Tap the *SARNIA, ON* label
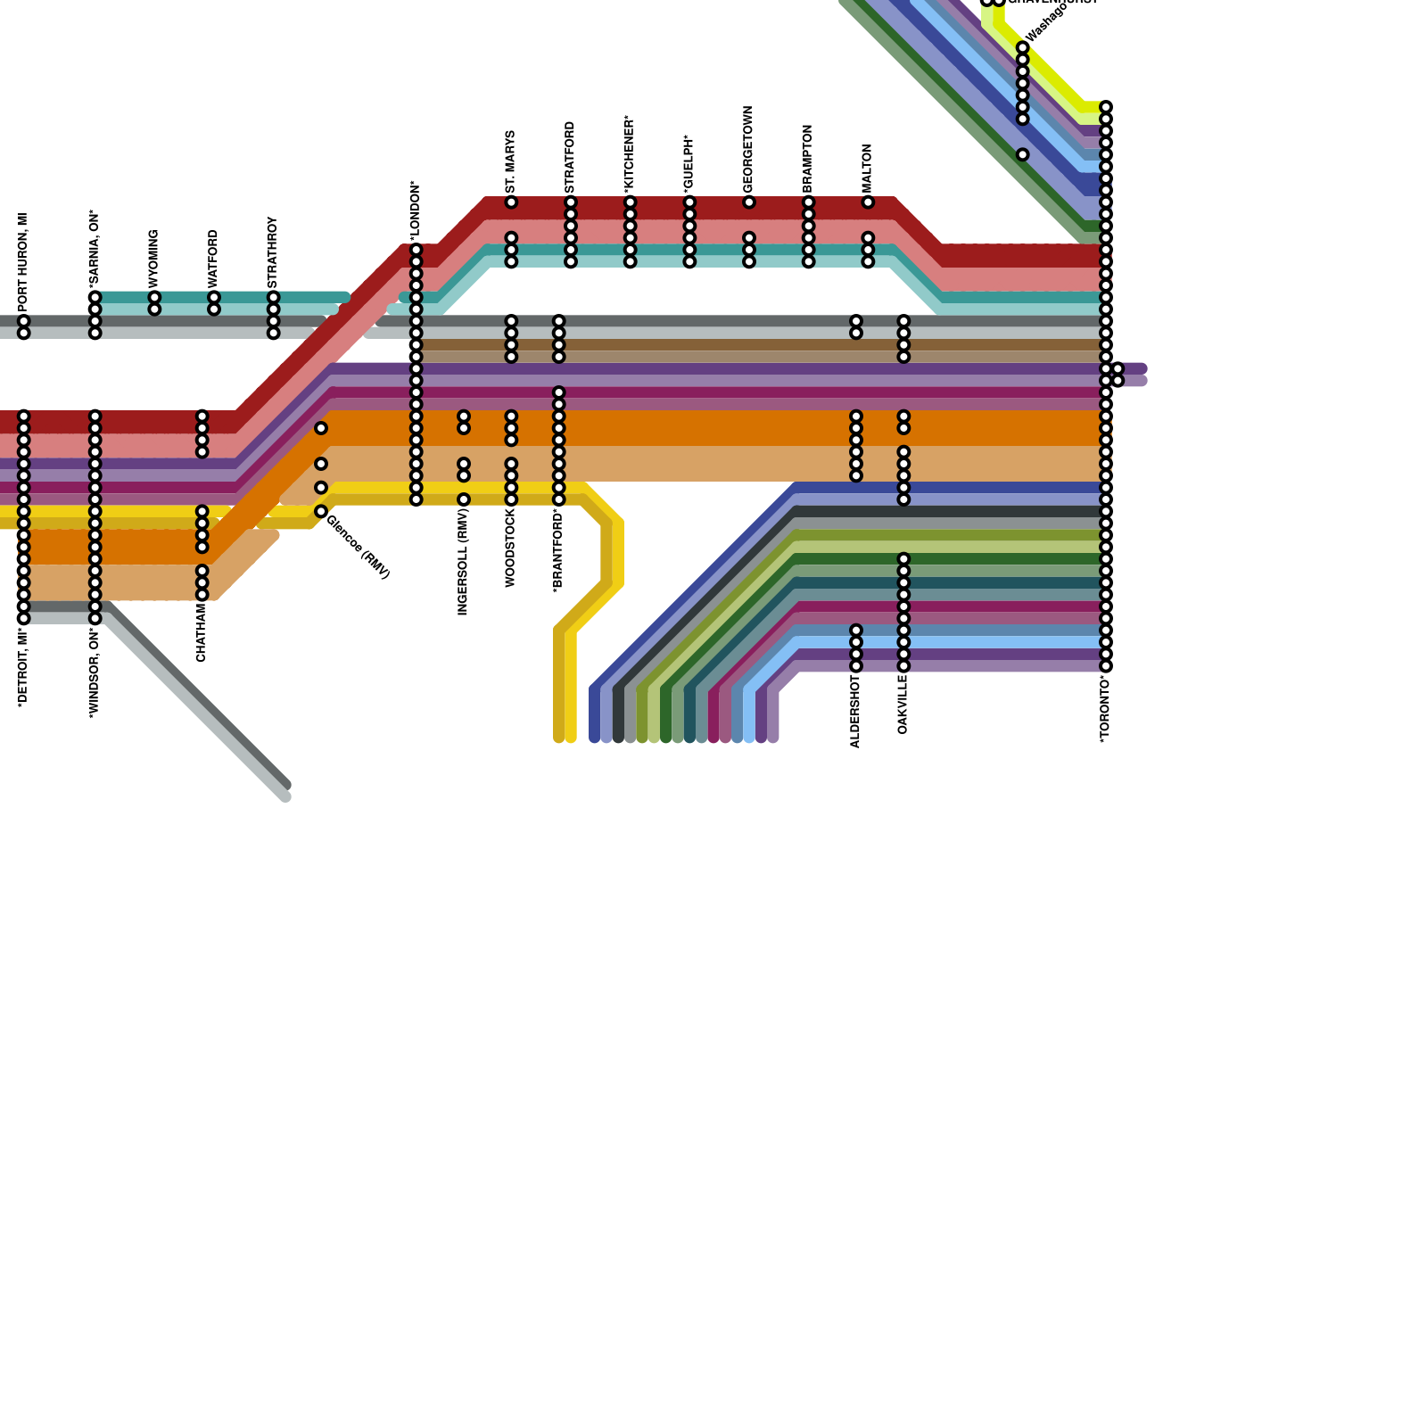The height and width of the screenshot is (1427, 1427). [x=95, y=249]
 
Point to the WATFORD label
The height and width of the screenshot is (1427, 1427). [x=214, y=259]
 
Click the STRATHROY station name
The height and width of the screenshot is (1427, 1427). [x=273, y=252]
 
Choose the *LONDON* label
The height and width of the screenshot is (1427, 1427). [x=416, y=211]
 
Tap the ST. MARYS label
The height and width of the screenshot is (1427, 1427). [x=511, y=163]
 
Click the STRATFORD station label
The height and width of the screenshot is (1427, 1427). [x=571, y=157]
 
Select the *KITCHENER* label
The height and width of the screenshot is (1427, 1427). [x=630, y=153]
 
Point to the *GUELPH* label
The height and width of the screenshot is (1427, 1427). [x=689, y=164]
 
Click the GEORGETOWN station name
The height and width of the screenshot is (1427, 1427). [x=749, y=149]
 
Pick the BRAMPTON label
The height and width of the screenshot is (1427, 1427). [x=808, y=158]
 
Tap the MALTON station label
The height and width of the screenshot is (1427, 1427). [x=868, y=169]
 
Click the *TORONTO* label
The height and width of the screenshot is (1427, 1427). [x=1106, y=710]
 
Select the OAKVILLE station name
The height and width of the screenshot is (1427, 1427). [x=903, y=705]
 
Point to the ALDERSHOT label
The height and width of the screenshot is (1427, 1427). [x=856, y=711]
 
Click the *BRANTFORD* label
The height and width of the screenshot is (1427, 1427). [x=558, y=550]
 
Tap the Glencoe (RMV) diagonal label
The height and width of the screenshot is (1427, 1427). [x=358, y=547]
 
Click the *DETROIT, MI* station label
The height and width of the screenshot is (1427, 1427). [x=24, y=666]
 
